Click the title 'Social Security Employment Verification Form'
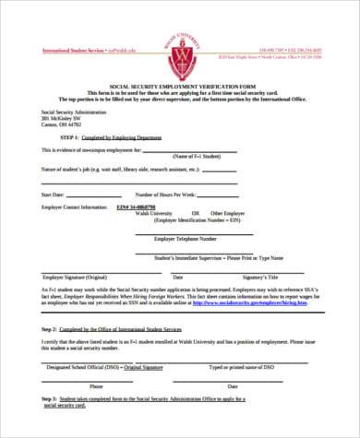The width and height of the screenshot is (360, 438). click(x=180, y=87)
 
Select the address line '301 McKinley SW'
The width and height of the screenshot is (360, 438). click(x=61, y=119)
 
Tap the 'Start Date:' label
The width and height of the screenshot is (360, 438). click(x=54, y=195)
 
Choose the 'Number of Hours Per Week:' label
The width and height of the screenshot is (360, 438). click(x=167, y=195)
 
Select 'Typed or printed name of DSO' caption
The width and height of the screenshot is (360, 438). click(x=242, y=367)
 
